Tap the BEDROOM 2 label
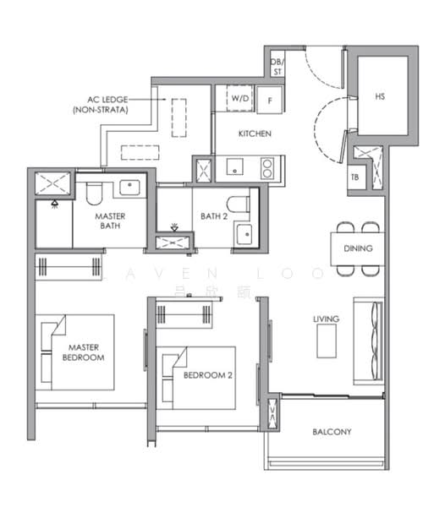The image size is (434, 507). (207, 375)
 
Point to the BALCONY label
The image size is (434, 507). (332, 432)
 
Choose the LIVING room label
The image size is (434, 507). (326, 319)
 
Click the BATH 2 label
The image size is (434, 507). (215, 216)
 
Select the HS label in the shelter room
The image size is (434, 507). (380, 97)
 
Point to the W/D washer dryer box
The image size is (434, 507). (241, 98)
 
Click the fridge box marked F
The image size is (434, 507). (269, 99)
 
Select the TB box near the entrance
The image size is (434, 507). (355, 177)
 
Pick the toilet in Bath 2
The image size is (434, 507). (240, 204)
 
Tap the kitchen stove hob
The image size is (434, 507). (266, 166)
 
